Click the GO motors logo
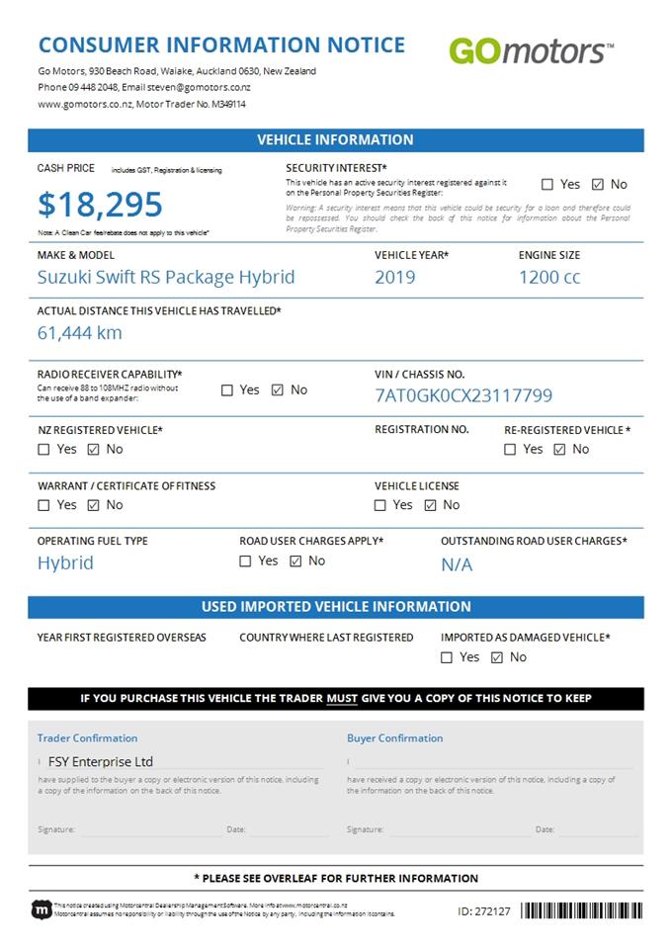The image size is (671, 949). (x=531, y=50)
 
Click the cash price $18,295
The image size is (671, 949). (x=100, y=205)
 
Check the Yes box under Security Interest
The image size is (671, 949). (x=547, y=184)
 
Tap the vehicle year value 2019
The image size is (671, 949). (x=394, y=277)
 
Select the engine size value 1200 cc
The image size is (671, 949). (x=549, y=277)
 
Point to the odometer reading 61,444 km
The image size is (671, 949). (x=80, y=332)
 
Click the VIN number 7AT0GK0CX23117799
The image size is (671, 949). (x=463, y=395)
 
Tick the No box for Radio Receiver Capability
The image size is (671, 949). (x=277, y=389)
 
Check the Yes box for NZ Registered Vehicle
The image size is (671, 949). (x=43, y=449)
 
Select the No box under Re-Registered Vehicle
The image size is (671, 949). (x=559, y=449)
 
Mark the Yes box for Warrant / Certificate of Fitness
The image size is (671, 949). (x=43, y=505)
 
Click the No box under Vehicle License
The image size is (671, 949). (x=430, y=505)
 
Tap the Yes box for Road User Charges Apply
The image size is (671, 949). (x=245, y=561)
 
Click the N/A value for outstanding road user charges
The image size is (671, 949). (x=457, y=564)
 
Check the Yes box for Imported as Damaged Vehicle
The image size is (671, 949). (x=447, y=656)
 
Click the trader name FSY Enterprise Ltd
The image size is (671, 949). (x=102, y=762)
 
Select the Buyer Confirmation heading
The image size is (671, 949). (x=394, y=737)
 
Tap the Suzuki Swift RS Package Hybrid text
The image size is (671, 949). (x=166, y=277)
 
